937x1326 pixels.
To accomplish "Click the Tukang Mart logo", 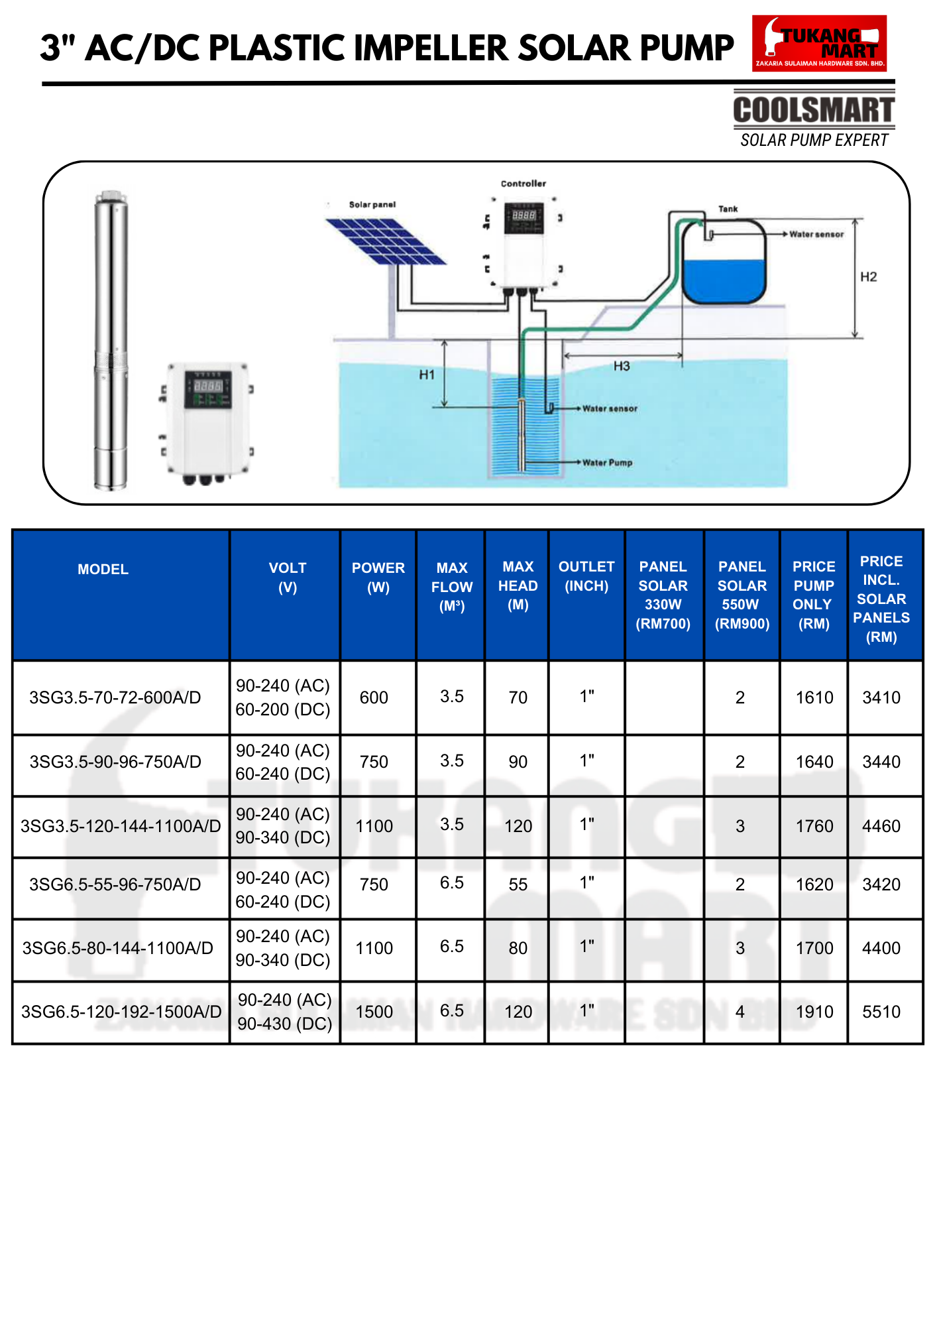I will (x=819, y=44).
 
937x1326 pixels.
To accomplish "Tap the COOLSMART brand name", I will (x=814, y=110).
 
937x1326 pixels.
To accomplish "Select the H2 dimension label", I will (x=868, y=277).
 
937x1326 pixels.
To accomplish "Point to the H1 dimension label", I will (x=427, y=375).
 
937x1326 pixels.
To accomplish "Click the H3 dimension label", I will (x=622, y=367).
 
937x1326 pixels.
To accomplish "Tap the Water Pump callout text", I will (x=607, y=463).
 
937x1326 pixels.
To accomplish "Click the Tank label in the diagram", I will (x=728, y=209).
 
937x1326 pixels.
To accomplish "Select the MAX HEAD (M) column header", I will (x=518, y=585).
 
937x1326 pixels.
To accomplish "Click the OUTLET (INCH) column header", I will (x=586, y=576).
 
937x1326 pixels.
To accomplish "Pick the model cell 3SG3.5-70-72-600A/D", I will (x=115, y=697).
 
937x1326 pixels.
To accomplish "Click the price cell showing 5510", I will (x=881, y=1012).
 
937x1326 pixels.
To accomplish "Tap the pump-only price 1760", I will (x=814, y=826).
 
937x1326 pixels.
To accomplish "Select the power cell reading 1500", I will (x=374, y=1012).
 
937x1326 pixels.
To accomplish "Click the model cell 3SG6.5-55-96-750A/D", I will (x=115, y=884).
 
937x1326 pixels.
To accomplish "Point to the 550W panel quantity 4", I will (x=740, y=1012).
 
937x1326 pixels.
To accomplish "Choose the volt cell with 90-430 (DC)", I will (x=285, y=1024).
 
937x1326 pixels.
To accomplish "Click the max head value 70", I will (x=518, y=697).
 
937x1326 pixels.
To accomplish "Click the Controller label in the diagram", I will (x=524, y=184).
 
